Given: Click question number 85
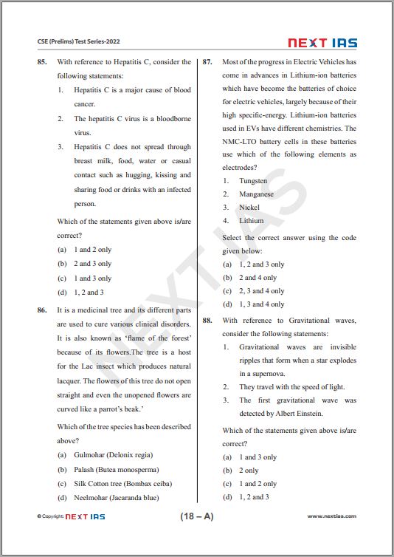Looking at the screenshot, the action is (x=42, y=62).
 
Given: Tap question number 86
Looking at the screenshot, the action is (x=42, y=311).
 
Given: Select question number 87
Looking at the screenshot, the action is (x=207, y=62).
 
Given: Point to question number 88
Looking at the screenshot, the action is (x=207, y=321).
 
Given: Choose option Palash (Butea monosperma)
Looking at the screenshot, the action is (x=116, y=470).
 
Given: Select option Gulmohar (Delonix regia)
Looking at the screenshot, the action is (x=113, y=455).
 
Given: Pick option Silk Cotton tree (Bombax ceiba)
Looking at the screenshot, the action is (x=122, y=484).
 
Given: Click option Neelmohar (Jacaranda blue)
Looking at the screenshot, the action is (x=116, y=498).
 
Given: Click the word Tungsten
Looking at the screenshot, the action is (x=253, y=181).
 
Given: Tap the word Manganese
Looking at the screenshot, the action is (x=256, y=194).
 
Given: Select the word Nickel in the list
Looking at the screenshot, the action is (x=249, y=208).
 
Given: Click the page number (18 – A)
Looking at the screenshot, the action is (x=197, y=516).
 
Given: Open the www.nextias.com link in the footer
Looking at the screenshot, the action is (x=331, y=516).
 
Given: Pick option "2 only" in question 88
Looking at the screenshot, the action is (x=249, y=470).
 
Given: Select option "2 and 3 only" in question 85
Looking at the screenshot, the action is (x=92, y=264).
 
